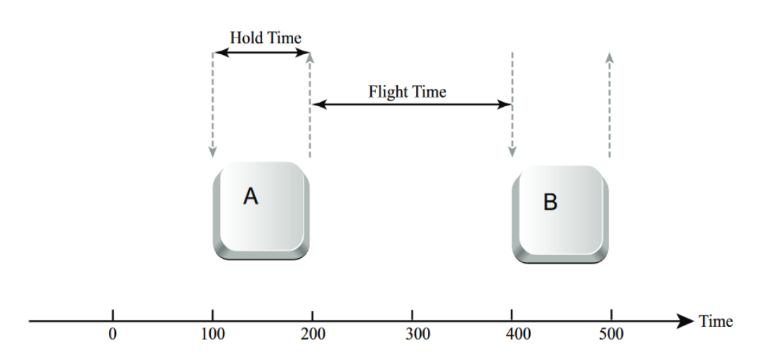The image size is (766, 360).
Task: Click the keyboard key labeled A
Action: coord(261,210)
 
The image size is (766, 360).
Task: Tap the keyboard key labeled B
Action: coord(560,214)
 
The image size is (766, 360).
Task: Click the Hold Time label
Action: coord(265,37)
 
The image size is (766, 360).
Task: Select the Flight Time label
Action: coord(407,91)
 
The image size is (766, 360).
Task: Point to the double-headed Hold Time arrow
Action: coord(262,53)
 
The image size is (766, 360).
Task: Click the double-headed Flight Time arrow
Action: coord(412,104)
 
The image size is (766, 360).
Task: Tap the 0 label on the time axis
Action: coord(113,334)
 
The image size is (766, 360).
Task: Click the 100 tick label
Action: coord(213,334)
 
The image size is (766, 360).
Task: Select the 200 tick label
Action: coord(313,334)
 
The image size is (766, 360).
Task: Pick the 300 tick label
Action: coord(413,334)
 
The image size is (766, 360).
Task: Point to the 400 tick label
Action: coord(512,334)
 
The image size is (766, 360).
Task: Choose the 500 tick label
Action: coord(611,334)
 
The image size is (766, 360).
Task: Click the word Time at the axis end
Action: coord(715,321)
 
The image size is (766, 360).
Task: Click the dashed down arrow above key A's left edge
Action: coord(212,105)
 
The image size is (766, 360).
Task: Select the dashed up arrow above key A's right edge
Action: coord(310,105)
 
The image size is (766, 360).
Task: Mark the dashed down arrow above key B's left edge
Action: coord(512,105)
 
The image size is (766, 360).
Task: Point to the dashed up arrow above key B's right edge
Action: coord(609,105)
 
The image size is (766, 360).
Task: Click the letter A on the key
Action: coord(251,196)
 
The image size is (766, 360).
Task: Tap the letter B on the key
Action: coord(550,202)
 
